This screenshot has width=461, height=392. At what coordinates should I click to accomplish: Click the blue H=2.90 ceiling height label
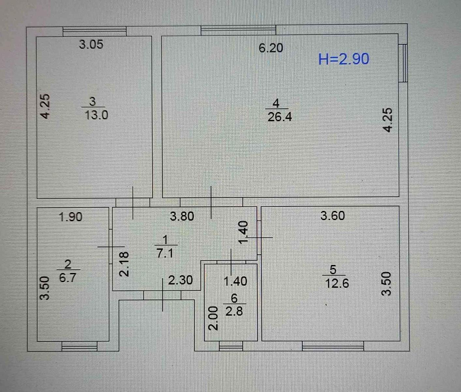click(x=344, y=59)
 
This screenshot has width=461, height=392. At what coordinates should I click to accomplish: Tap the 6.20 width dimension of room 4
click(x=271, y=48)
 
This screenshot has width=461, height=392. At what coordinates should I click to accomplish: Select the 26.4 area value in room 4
click(x=279, y=117)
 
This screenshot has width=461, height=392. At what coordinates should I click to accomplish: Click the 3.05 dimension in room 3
click(x=91, y=44)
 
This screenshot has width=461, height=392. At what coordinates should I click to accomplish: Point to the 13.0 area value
click(x=96, y=115)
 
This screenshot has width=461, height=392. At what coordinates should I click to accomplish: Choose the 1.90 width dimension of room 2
click(x=70, y=217)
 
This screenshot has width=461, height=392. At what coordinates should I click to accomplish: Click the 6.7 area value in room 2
click(x=67, y=278)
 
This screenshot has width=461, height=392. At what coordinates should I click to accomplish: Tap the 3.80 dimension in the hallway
click(x=182, y=216)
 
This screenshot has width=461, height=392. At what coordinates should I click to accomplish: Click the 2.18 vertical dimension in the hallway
click(x=125, y=264)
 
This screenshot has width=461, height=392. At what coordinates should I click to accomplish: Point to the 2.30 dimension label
click(x=180, y=280)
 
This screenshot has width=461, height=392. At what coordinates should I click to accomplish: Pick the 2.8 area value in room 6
click(x=234, y=311)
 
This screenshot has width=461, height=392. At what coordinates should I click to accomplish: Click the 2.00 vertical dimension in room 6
click(x=213, y=318)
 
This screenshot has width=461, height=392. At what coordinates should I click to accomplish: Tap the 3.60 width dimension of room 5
click(x=333, y=216)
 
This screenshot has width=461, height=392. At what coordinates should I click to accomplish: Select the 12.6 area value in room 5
click(x=337, y=283)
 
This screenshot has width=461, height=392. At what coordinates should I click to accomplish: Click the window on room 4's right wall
click(x=404, y=63)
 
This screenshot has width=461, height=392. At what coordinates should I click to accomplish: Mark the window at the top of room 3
click(x=95, y=31)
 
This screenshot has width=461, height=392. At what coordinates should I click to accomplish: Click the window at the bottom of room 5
click(x=333, y=346)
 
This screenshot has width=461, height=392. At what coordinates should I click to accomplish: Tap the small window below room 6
click(x=231, y=346)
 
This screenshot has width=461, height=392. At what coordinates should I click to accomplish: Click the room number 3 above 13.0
click(x=93, y=102)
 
